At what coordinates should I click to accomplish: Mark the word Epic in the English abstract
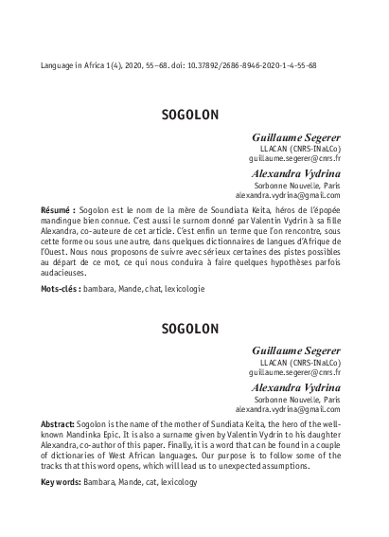[x=121, y=431]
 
